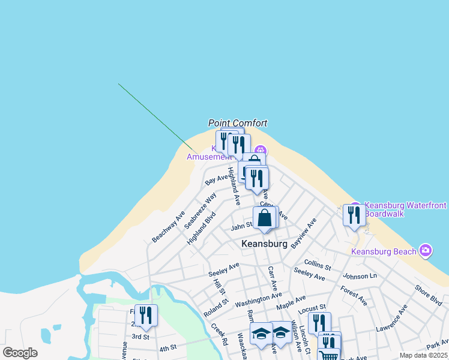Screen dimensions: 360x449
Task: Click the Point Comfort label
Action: tap(237, 123)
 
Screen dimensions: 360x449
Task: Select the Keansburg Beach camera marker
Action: tap(426, 250)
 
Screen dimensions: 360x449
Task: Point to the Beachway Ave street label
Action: tap(168, 227)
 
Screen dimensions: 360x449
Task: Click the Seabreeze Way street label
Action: tap(200, 210)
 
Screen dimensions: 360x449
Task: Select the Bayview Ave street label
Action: tap(303, 234)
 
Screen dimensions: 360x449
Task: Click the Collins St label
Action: tap(318, 264)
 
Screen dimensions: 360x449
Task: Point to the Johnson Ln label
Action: tap(359, 276)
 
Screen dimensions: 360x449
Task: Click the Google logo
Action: tap(20, 352)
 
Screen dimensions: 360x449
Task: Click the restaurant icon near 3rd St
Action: tap(146, 315)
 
